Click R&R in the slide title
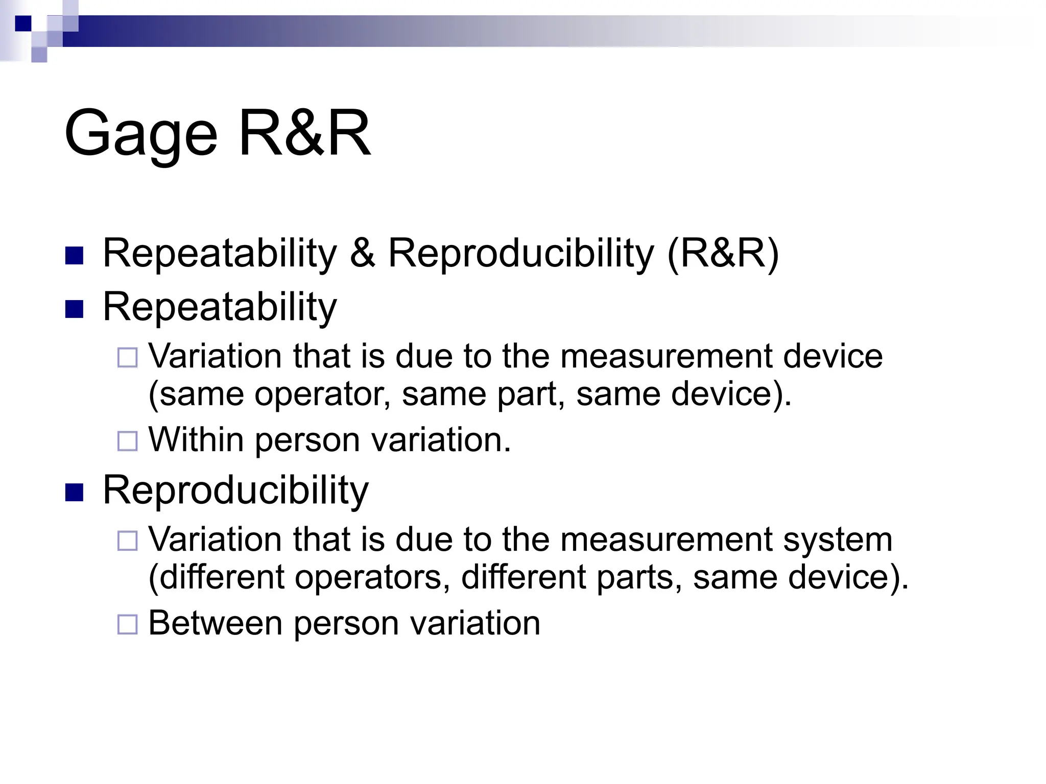tap(304, 134)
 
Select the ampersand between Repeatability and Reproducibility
tap(362, 253)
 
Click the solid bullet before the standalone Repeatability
tap(75, 309)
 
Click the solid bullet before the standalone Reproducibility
tap(75, 493)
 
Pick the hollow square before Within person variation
tap(128, 442)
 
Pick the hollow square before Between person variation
tap(128, 624)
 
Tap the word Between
tap(215, 623)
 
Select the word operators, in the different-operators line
tap(372, 577)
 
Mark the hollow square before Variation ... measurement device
tap(128, 358)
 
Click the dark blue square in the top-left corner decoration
tap(23, 23)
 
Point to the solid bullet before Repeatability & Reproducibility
tap(75, 256)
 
